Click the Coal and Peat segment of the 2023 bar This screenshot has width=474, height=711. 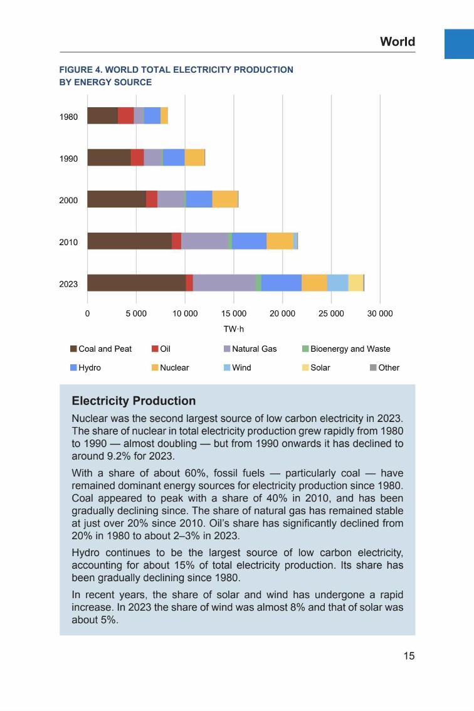click(x=136, y=283)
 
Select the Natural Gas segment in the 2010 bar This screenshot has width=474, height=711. click(x=204, y=241)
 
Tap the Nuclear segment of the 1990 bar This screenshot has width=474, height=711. click(x=194, y=157)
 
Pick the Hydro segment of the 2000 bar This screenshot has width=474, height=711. click(x=199, y=199)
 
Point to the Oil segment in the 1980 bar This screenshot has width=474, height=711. click(x=125, y=115)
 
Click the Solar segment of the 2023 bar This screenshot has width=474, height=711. click(x=355, y=283)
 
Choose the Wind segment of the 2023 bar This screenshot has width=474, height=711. click(x=337, y=283)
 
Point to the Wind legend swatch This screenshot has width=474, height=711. click(x=228, y=368)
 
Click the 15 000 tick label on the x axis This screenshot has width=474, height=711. click(x=234, y=313)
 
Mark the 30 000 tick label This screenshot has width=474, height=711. click(x=380, y=313)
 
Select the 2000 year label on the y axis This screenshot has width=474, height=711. click(x=68, y=201)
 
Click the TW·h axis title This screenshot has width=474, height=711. click(x=233, y=329)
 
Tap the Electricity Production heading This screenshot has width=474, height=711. click(x=134, y=401)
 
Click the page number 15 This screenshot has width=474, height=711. click(x=409, y=656)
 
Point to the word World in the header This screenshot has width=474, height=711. click(x=398, y=42)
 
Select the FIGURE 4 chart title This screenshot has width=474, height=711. click(x=176, y=76)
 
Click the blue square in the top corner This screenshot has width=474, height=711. click(x=459, y=44)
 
